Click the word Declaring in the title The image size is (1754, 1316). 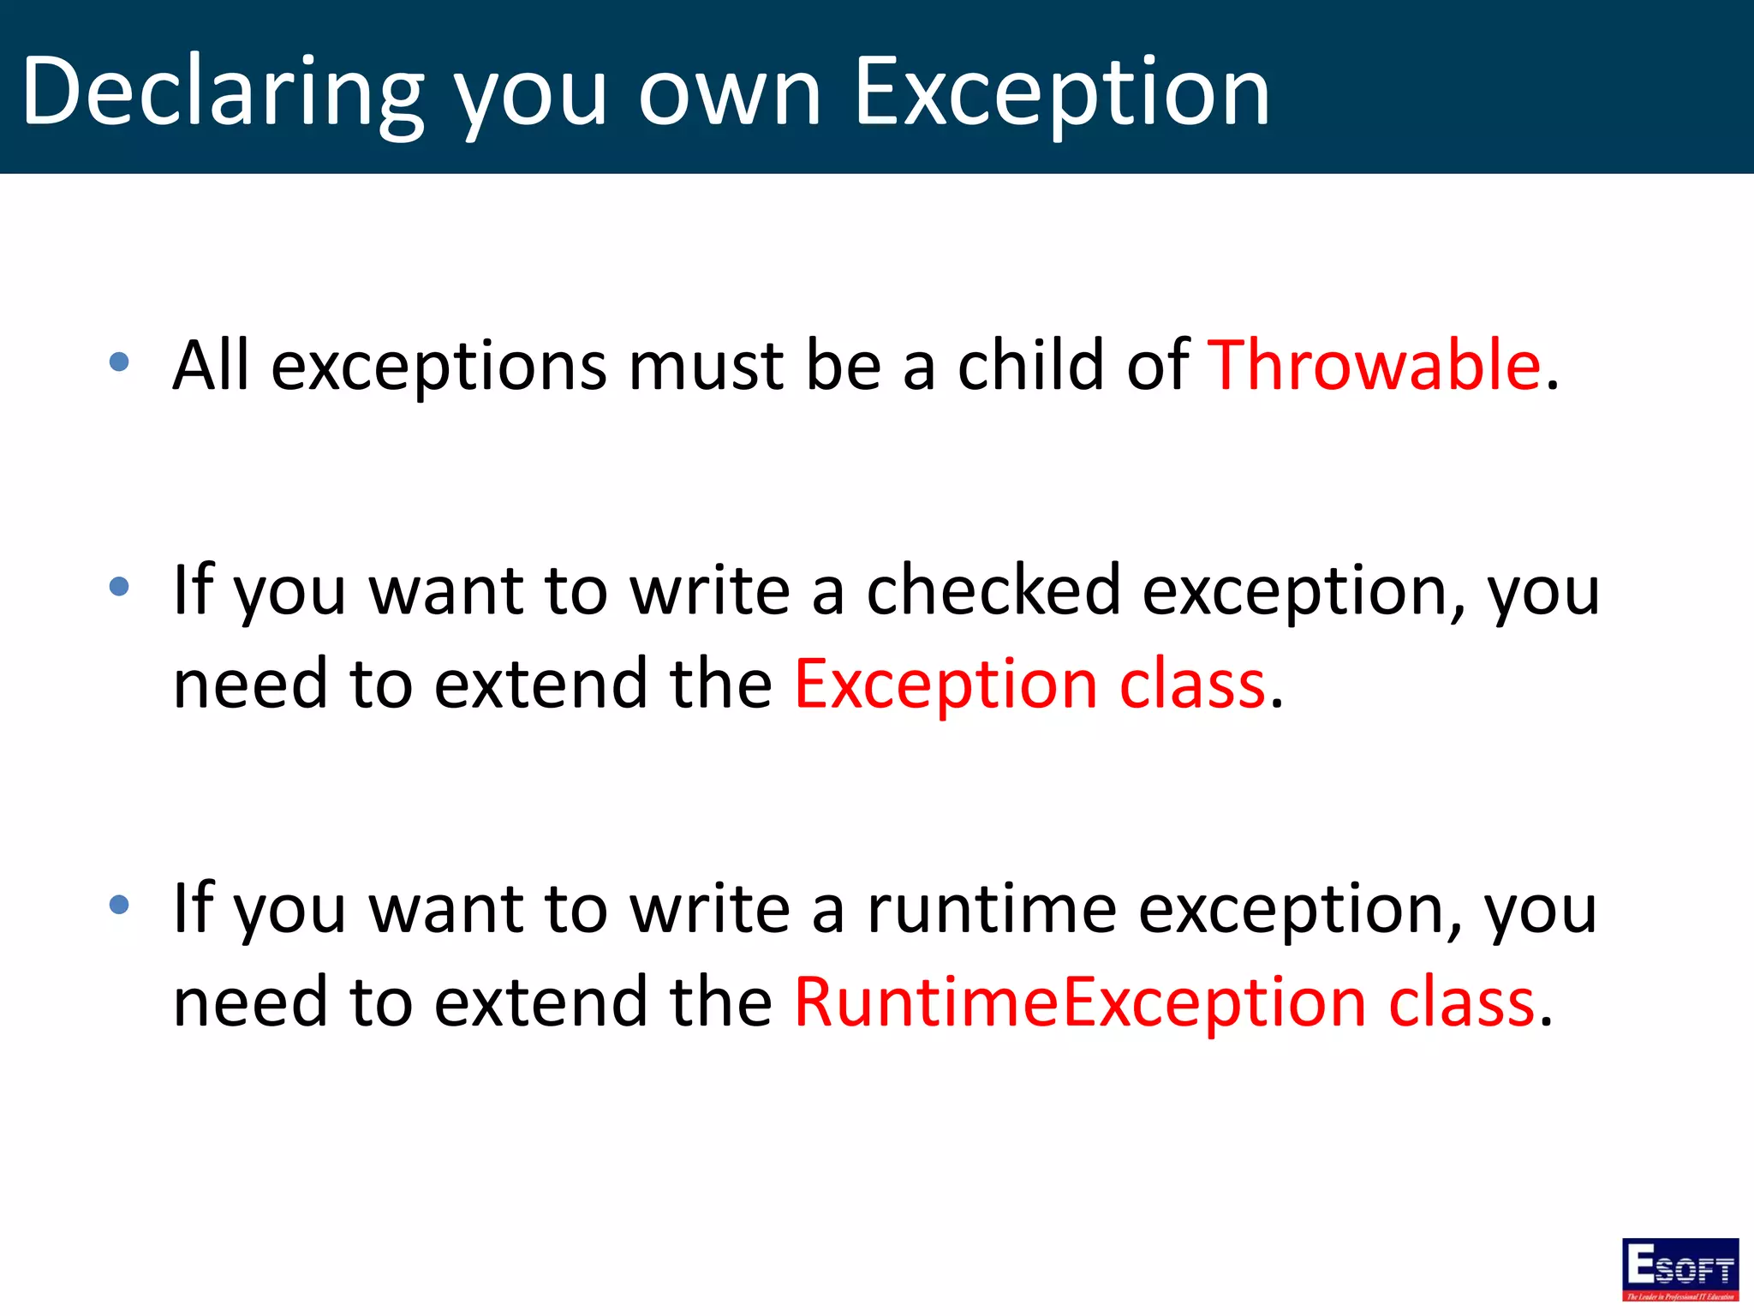point(223,93)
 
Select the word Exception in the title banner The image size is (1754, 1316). point(1062,93)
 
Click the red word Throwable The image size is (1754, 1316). point(1375,365)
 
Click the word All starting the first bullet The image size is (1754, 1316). point(211,365)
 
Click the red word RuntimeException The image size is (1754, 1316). point(1079,1002)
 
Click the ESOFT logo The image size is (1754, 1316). point(1679,1269)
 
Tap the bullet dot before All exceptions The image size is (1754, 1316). point(120,362)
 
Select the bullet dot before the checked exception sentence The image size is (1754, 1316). point(120,587)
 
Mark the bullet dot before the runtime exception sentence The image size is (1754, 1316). point(120,905)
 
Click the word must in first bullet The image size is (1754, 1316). point(706,365)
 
